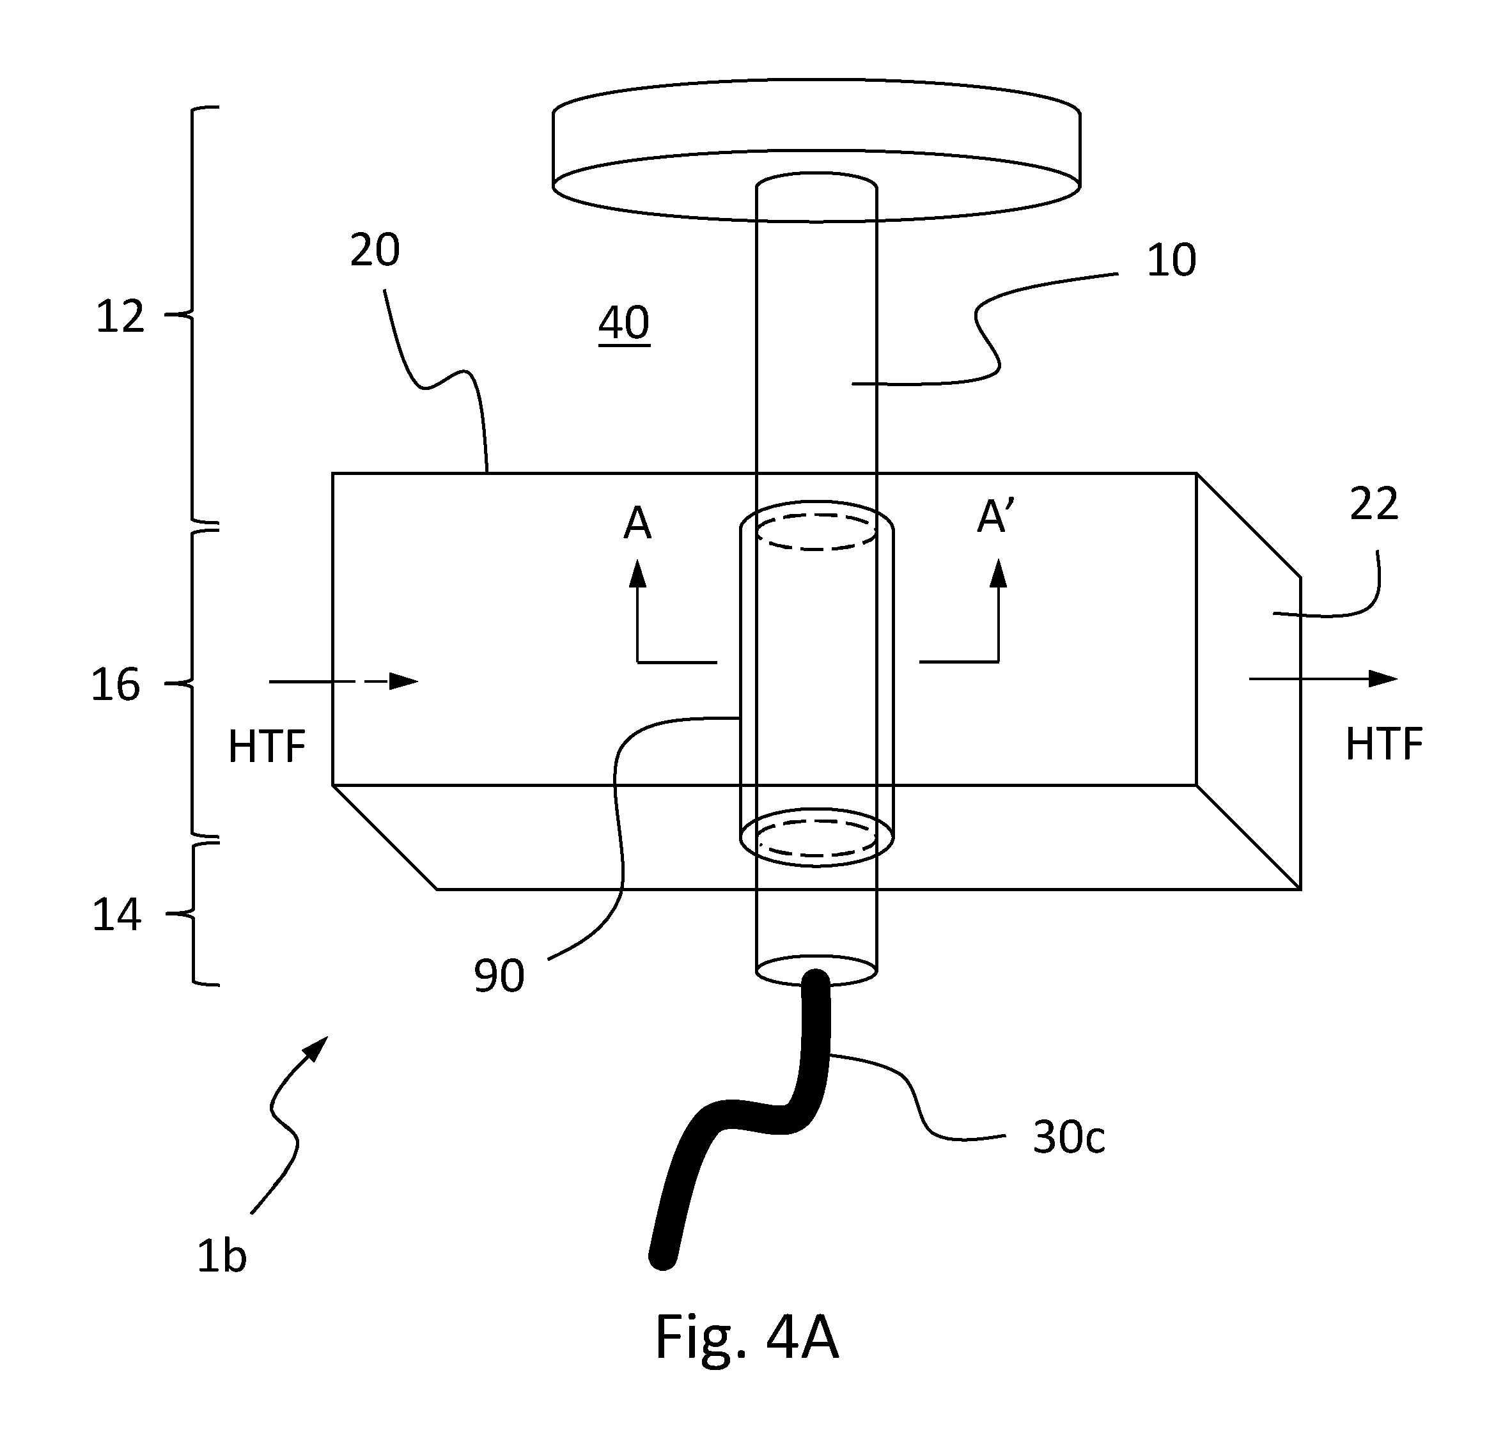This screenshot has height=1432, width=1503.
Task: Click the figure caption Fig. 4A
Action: tap(747, 1338)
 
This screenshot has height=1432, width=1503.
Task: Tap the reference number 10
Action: tap(1171, 260)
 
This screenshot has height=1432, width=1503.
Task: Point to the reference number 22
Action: tap(1374, 504)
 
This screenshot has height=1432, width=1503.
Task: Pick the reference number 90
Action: tap(499, 976)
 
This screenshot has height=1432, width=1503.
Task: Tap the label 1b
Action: tap(221, 1256)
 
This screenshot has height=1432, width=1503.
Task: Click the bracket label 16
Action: tap(115, 684)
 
